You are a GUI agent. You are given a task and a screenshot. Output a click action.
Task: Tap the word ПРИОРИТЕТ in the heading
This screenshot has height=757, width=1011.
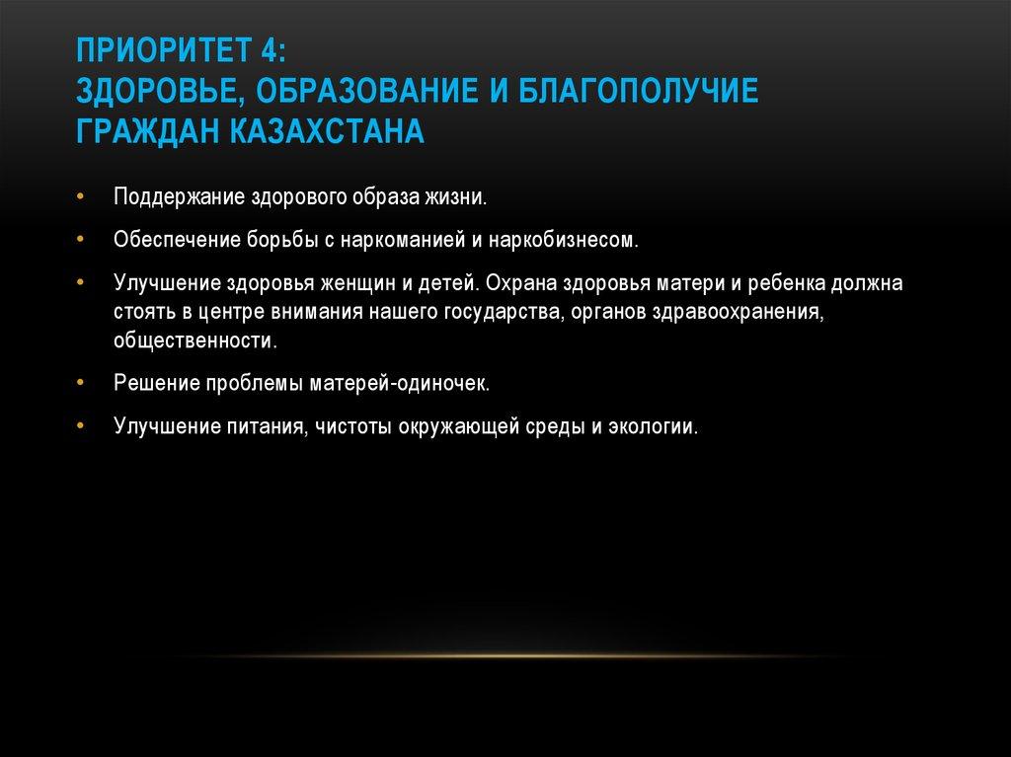(x=164, y=50)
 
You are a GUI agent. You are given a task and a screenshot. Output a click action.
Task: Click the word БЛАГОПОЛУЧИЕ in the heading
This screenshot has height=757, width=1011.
(x=639, y=90)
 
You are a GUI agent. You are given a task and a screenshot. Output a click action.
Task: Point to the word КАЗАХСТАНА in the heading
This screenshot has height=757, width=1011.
(x=326, y=131)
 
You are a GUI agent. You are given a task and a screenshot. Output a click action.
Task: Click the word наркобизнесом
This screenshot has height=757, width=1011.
(x=564, y=240)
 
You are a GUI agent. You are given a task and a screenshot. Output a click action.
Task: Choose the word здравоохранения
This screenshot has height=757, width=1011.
(x=739, y=313)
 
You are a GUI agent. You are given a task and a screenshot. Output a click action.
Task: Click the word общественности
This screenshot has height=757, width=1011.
(x=195, y=341)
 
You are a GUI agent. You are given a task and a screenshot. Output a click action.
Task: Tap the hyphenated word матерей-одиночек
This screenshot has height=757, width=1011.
(x=400, y=384)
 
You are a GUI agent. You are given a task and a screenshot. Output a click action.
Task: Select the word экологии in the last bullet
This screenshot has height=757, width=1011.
(x=654, y=426)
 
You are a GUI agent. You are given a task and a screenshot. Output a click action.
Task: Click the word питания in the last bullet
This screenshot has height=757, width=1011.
(x=266, y=426)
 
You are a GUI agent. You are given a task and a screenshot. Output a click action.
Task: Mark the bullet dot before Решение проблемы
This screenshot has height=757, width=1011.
(x=80, y=382)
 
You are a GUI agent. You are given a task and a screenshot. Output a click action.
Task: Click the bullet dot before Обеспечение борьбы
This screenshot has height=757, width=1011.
(x=80, y=239)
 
